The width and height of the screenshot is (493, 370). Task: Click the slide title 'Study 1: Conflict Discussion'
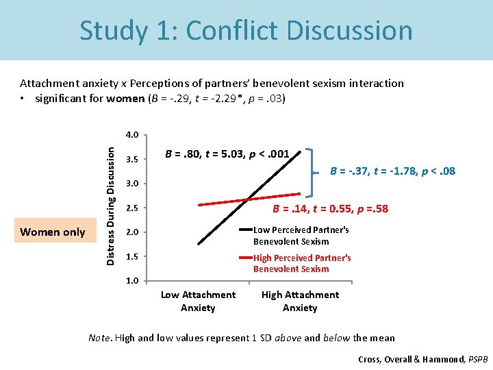pyautogui.click(x=246, y=31)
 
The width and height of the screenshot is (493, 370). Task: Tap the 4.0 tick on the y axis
pyautogui.click(x=131, y=134)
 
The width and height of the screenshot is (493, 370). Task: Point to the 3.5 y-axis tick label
pyautogui.click(x=131, y=160)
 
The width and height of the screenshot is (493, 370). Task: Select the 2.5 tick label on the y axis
pyautogui.click(x=131, y=208)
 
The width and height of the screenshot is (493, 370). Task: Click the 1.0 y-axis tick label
pyautogui.click(x=131, y=281)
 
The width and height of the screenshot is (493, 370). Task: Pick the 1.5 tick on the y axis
pyautogui.click(x=131, y=256)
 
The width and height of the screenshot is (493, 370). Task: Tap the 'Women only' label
pyautogui.click(x=53, y=232)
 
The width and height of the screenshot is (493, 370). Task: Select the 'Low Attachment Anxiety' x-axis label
pyautogui.click(x=198, y=301)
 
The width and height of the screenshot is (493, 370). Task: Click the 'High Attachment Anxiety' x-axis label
pyautogui.click(x=300, y=301)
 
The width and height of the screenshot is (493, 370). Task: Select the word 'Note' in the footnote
pyautogui.click(x=100, y=338)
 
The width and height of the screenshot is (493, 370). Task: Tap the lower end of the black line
pyautogui.click(x=199, y=243)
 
